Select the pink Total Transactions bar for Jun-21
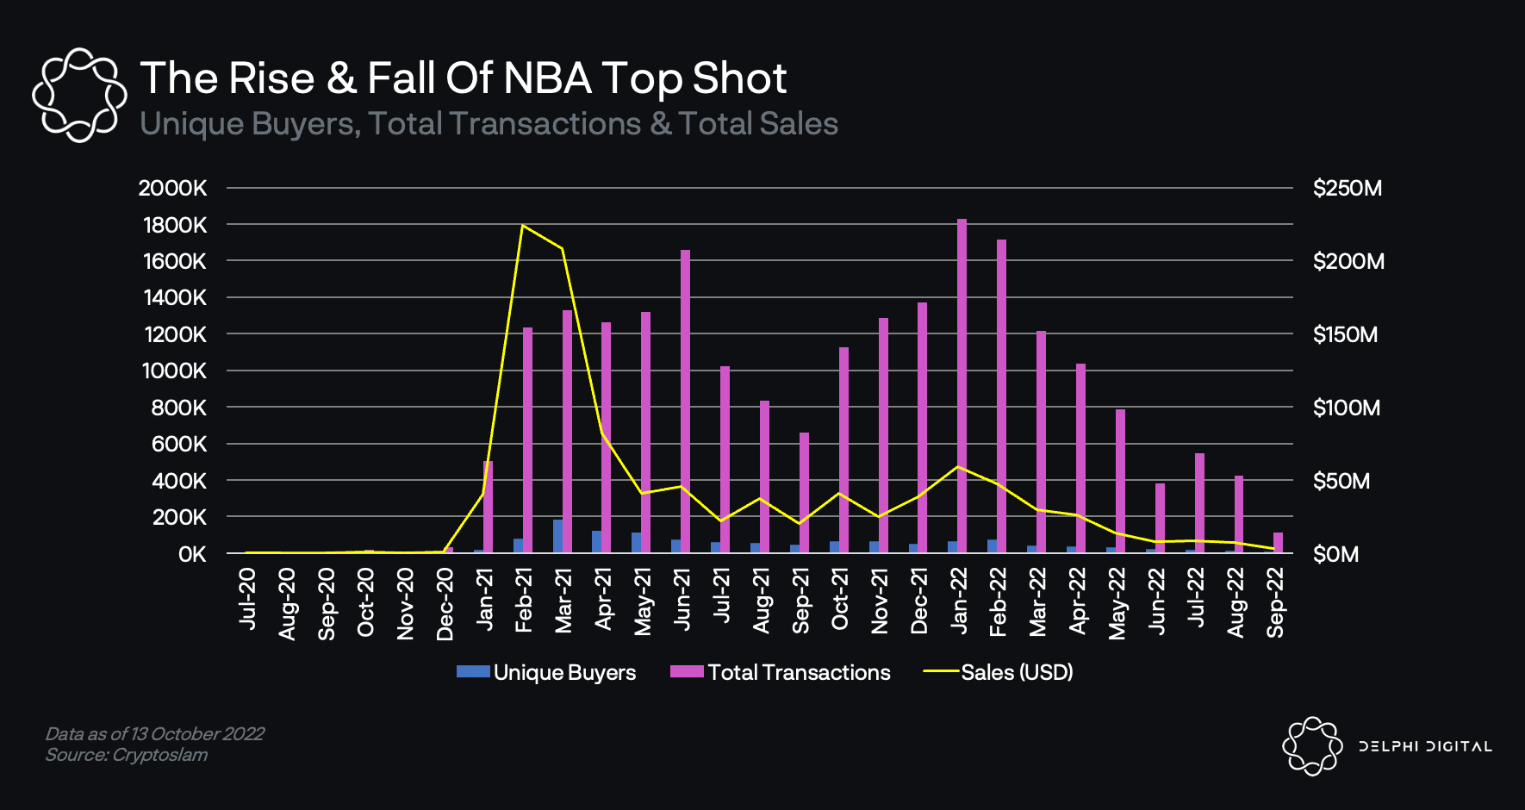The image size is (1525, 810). (x=685, y=401)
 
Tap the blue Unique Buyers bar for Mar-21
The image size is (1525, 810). (x=557, y=536)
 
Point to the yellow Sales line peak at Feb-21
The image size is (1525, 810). (x=523, y=226)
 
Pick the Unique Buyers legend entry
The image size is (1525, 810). (x=546, y=672)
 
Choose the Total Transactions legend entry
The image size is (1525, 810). (x=781, y=672)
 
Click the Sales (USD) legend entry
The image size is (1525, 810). (x=999, y=672)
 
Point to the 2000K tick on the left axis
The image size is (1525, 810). (x=172, y=188)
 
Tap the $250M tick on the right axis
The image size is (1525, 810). (x=1347, y=188)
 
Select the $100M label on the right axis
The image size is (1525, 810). (x=1346, y=408)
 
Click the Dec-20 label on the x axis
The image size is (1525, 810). (x=445, y=604)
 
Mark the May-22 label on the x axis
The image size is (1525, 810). (x=1117, y=603)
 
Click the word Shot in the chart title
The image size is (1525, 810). (x=739, y=78)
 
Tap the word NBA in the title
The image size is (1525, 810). (x=547, y=78)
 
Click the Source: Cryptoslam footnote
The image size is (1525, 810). (x=127, y=755)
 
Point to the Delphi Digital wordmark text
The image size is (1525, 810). (x=1425, y=746)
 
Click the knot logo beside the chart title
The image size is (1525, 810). (x=78, y=95)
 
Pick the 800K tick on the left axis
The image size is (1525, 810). (x=178, y=408)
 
